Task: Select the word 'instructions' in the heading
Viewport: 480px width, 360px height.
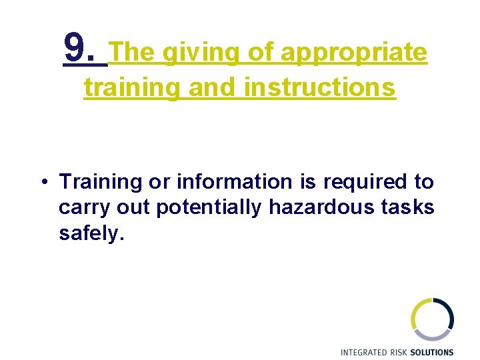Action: click(x=320, y=87)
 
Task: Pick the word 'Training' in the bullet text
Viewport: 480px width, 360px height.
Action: click(x=100, y=182)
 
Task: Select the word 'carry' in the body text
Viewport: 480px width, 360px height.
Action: click(x=84, y=208)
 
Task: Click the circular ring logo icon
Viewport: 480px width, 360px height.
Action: click(x=432, y=319)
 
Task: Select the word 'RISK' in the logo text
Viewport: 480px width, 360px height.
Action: click(x=403, y=352)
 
